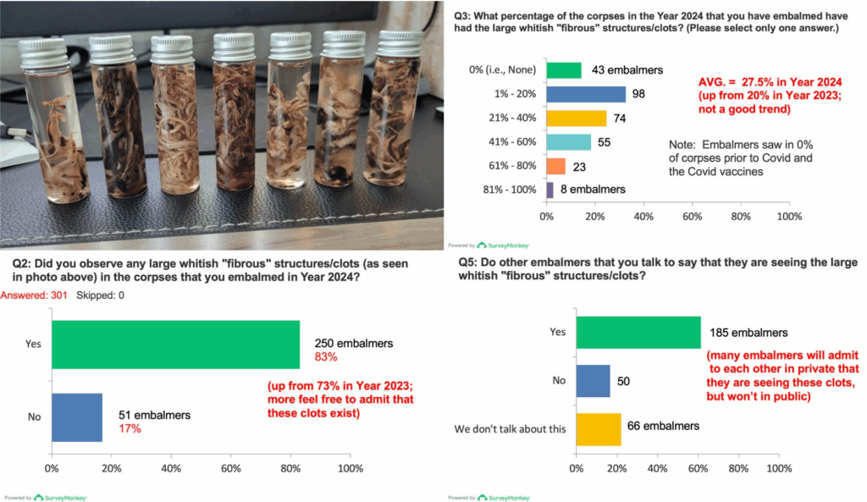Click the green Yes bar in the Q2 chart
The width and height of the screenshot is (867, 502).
(175, 345)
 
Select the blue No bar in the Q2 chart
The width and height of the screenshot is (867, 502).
(77, 417)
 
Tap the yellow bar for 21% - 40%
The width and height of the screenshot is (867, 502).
(577, 119)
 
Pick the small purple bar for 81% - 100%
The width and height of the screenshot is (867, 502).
(550, 190)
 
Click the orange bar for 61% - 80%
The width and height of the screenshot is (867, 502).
(556, 166)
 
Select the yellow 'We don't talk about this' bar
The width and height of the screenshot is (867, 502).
(599, 428)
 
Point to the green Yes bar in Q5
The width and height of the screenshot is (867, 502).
(638, 332)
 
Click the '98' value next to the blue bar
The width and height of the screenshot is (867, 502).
(638, 94)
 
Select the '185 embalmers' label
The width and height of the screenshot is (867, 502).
(747, 333)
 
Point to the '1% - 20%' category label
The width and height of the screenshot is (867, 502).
(516, 95)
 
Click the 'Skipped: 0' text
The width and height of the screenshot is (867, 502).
(101, 295)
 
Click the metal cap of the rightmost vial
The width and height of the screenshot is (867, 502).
(399, 43)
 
